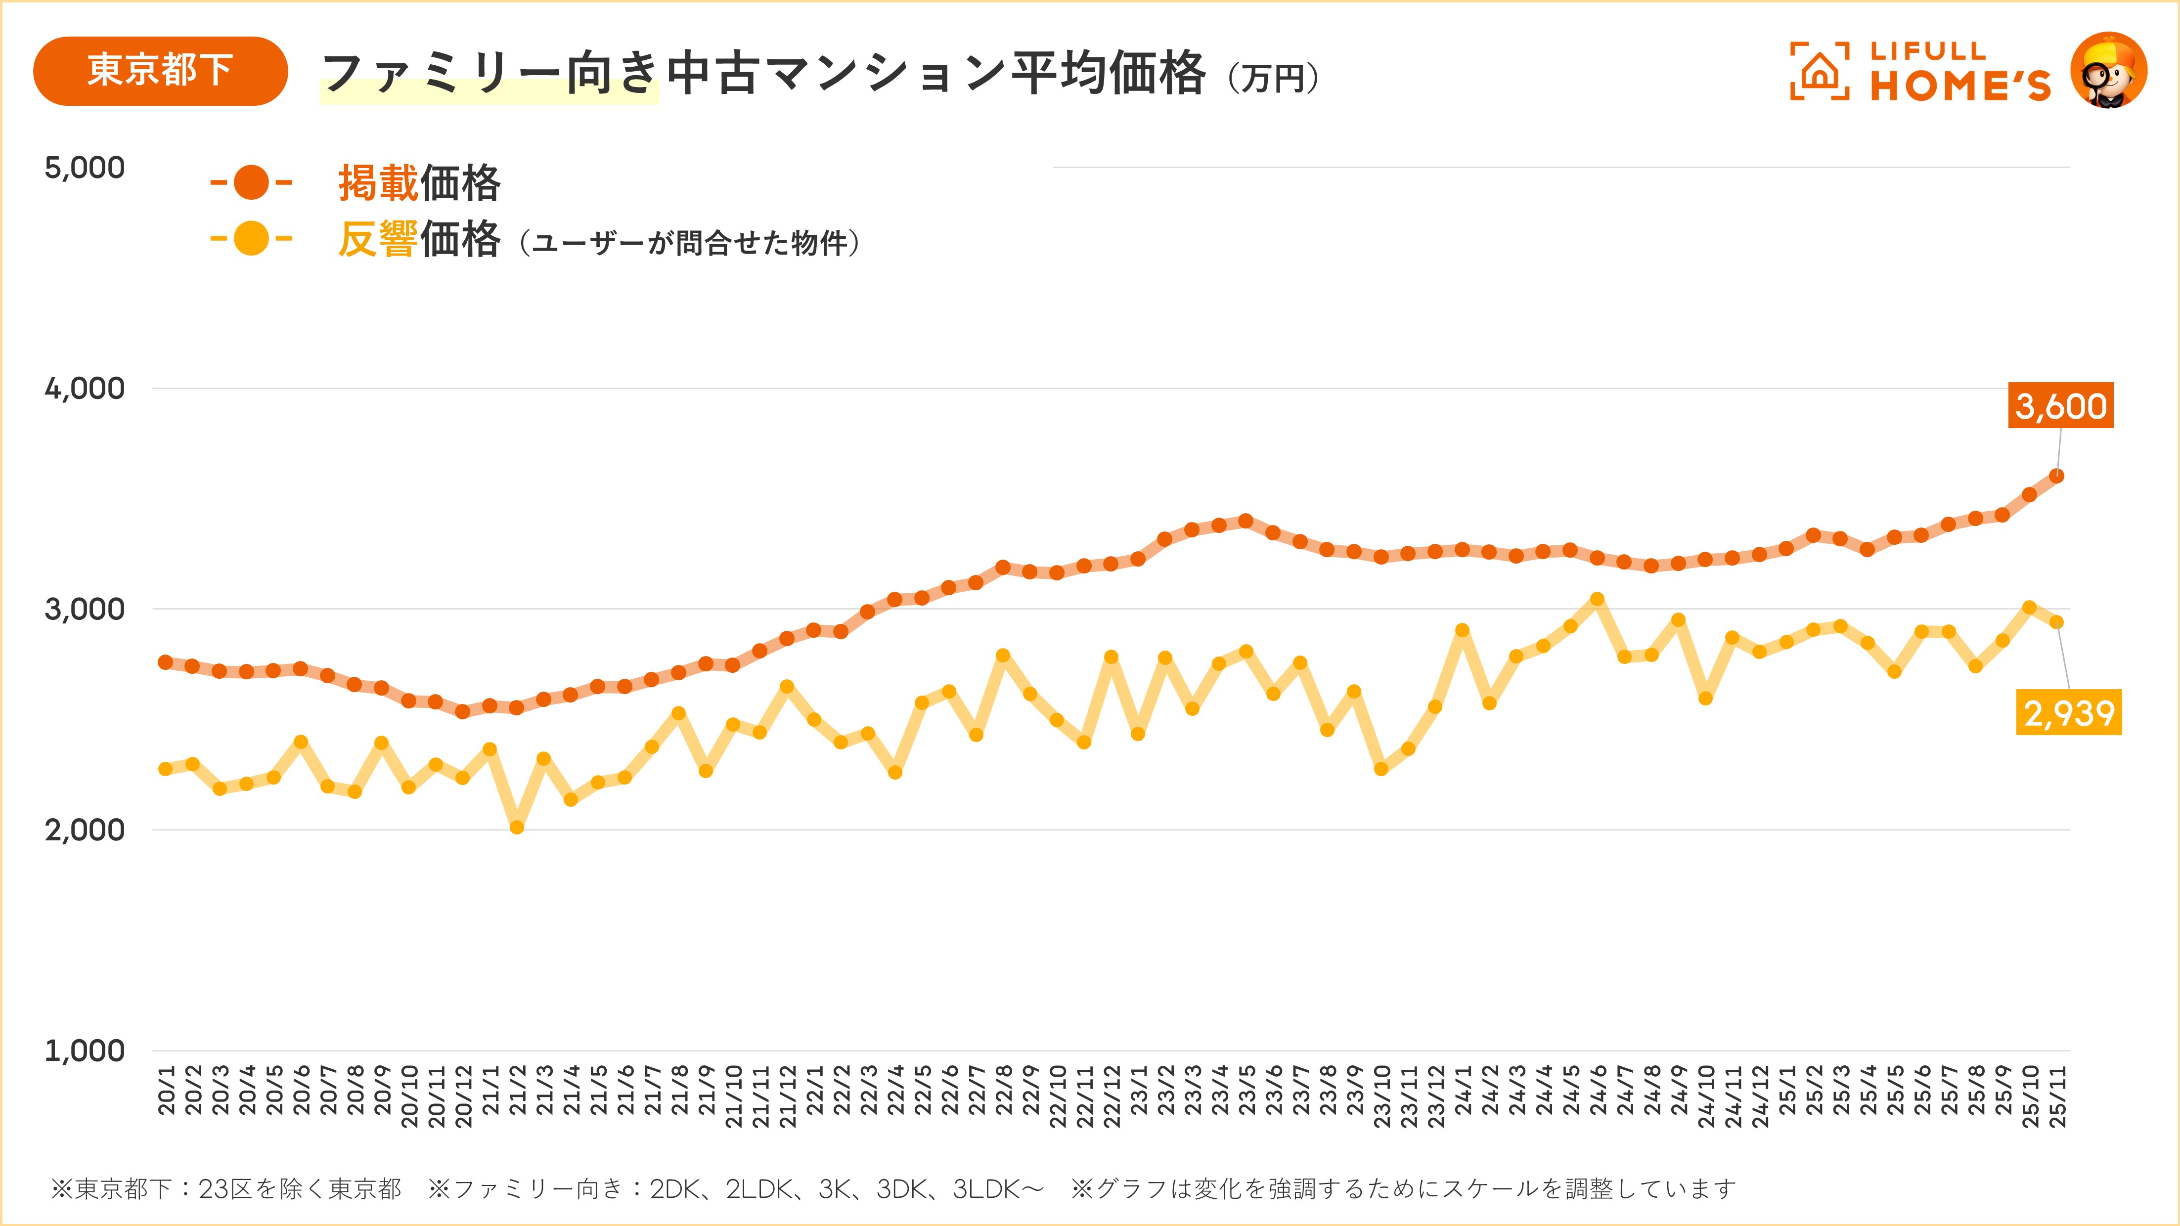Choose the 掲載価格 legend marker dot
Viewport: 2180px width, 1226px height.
click(x=251, y=183)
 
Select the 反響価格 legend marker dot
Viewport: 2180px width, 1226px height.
click(x=251, y=239)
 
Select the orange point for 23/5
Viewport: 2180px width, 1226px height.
click(x=1246, y=521)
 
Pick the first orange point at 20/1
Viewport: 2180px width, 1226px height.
click(x=166, y=661)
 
